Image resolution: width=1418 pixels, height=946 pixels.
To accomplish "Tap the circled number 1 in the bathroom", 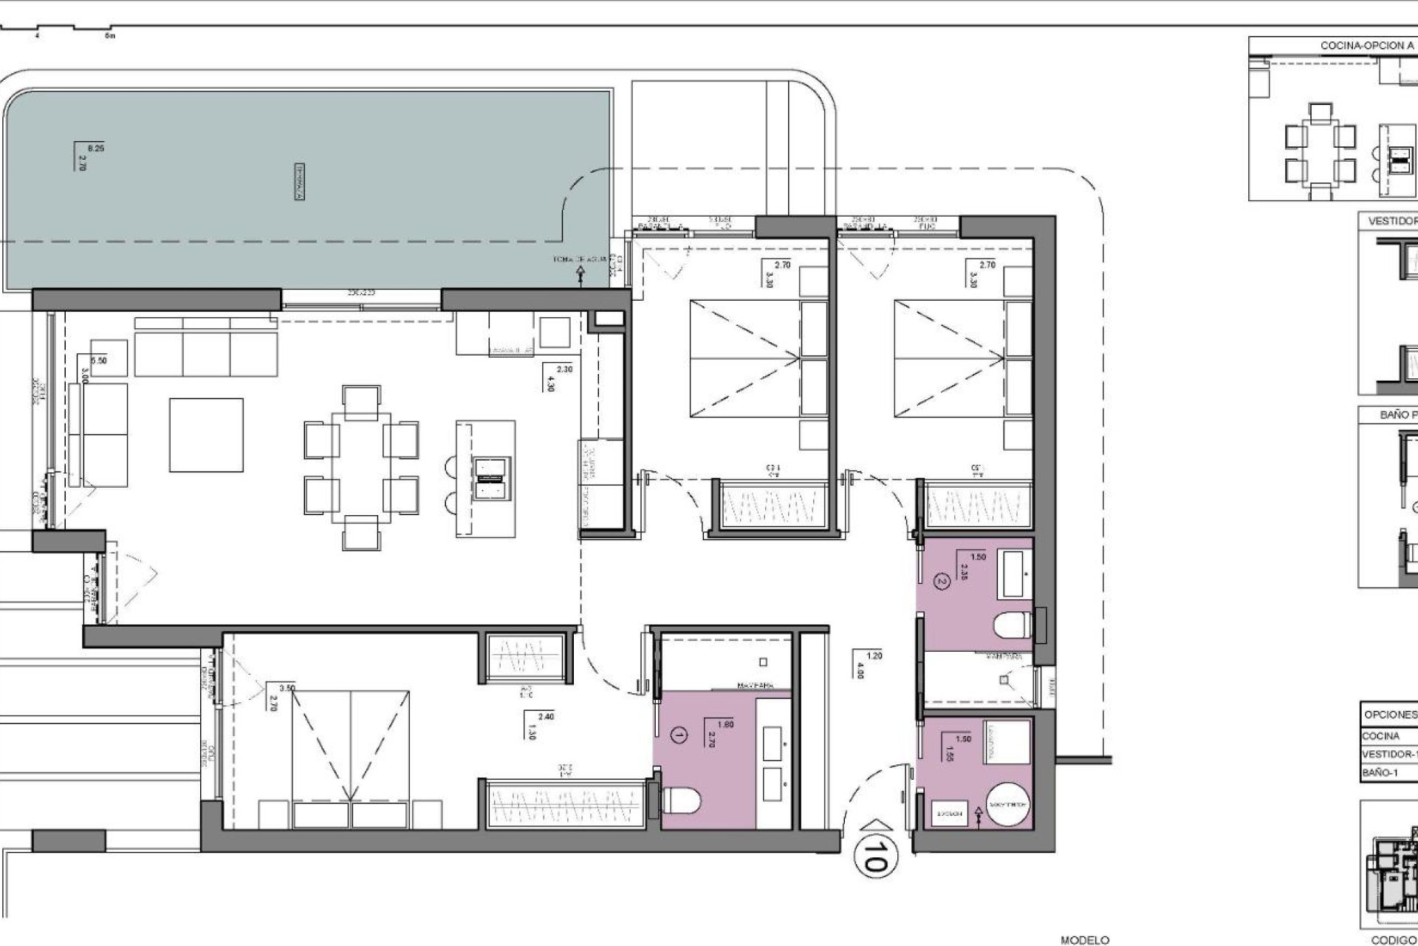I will pos(679,735).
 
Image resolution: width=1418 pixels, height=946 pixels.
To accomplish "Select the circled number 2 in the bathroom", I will pos(940,582).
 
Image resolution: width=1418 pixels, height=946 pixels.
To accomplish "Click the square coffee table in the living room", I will pos(206,435).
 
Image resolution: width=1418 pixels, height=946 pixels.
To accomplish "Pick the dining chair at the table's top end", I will pos(362,400).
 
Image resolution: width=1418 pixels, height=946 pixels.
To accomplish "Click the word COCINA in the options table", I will pos(1381,736).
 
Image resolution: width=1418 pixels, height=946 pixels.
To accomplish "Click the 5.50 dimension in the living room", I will pos(98,361).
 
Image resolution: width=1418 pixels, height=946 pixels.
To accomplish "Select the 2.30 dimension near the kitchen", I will pos(564,369).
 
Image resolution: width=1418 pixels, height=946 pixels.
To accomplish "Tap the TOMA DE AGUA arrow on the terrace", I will pos(580,275).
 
